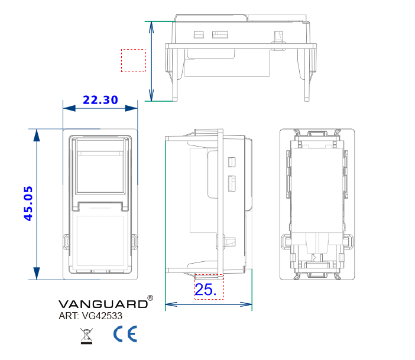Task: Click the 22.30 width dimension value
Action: point(100,100)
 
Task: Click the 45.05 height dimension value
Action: point(28,203)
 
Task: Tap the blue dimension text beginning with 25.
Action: point(206,289)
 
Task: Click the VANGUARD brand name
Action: point(103,304)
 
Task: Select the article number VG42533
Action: point(102,316)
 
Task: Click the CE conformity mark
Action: point(125,334)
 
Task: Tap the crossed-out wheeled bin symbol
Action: point(86,336)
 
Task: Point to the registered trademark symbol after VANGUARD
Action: point(150,298)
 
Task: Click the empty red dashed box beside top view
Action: point(134,60)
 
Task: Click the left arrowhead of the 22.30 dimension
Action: point(69,108)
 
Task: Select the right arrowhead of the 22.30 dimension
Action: point(131,108)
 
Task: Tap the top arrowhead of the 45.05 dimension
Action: point(37,135)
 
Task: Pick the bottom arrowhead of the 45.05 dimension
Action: point(37,274)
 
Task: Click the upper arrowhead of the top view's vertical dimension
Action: point(151,27)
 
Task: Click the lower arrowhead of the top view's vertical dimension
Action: point(151,95)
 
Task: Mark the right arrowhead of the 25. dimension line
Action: point(246,304)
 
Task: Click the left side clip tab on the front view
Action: point(66,242)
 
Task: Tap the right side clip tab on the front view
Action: point(134,242)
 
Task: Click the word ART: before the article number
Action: point(69,316)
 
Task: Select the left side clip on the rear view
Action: point(286,242)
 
